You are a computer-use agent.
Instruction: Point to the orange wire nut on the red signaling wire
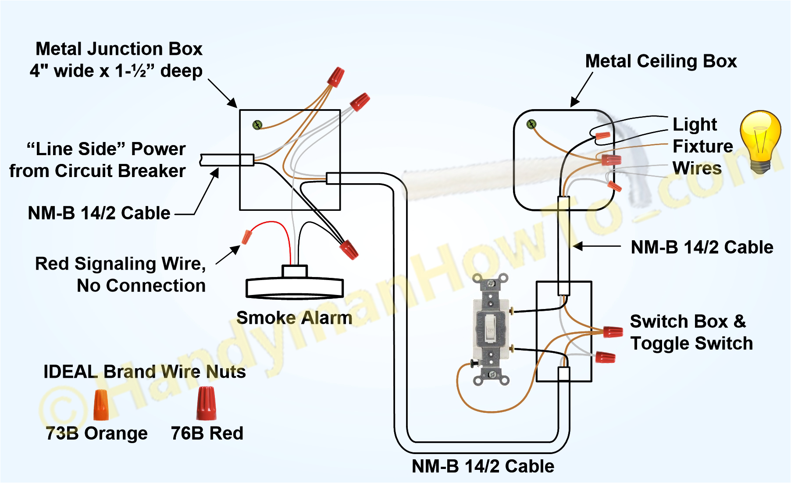point(246,237)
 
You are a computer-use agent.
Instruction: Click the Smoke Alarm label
point(294,318)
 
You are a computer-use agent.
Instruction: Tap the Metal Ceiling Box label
point(661,61)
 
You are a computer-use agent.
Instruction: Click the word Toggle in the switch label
point(660,343)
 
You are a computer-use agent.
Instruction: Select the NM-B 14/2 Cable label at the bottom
point(483,466)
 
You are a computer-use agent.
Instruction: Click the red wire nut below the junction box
point(349,249)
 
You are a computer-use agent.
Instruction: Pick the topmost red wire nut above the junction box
point(336,77)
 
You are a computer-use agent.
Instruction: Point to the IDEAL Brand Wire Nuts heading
point(145,372)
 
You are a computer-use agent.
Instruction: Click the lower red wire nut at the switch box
point(605,357)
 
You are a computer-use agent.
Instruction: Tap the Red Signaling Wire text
point(120,264)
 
